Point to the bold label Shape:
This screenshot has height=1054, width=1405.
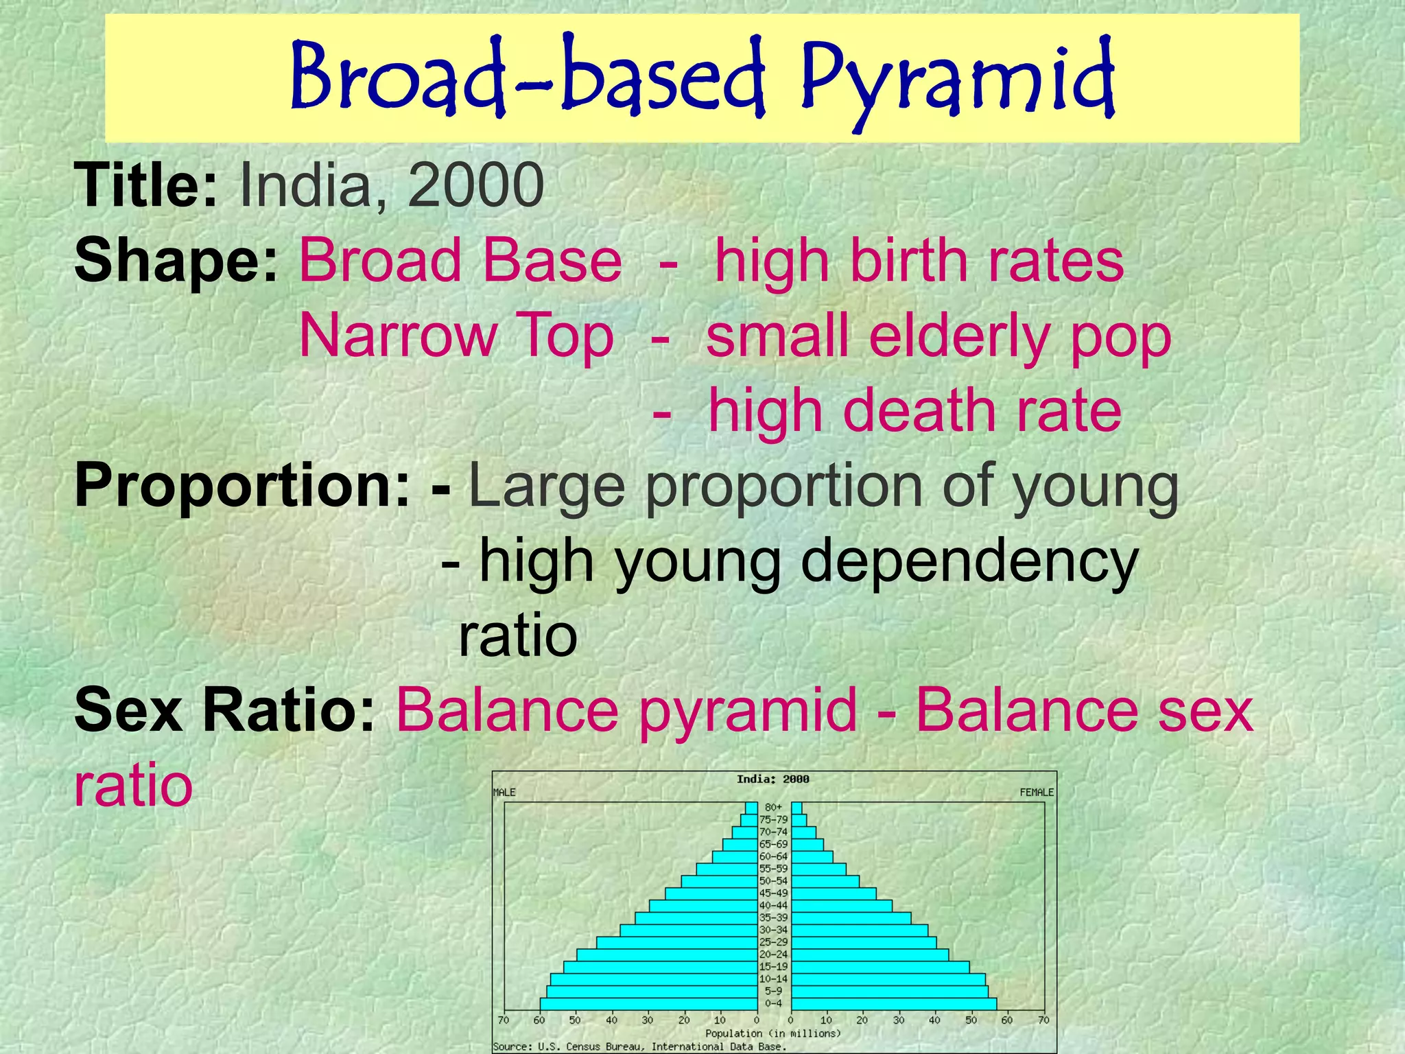(176, 261)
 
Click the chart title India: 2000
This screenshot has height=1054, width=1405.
(772, 779)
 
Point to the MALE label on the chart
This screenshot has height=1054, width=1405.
(504, 793)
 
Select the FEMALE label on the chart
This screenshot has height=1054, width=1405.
(1036, 793)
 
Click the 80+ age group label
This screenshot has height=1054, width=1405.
(773, 808)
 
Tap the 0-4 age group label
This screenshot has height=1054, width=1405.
(773, 1003)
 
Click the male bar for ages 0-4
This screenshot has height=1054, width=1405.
(648, 1003)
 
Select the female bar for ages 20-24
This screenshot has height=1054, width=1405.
(870, 955)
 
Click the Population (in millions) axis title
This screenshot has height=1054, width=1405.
(772, 1033)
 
